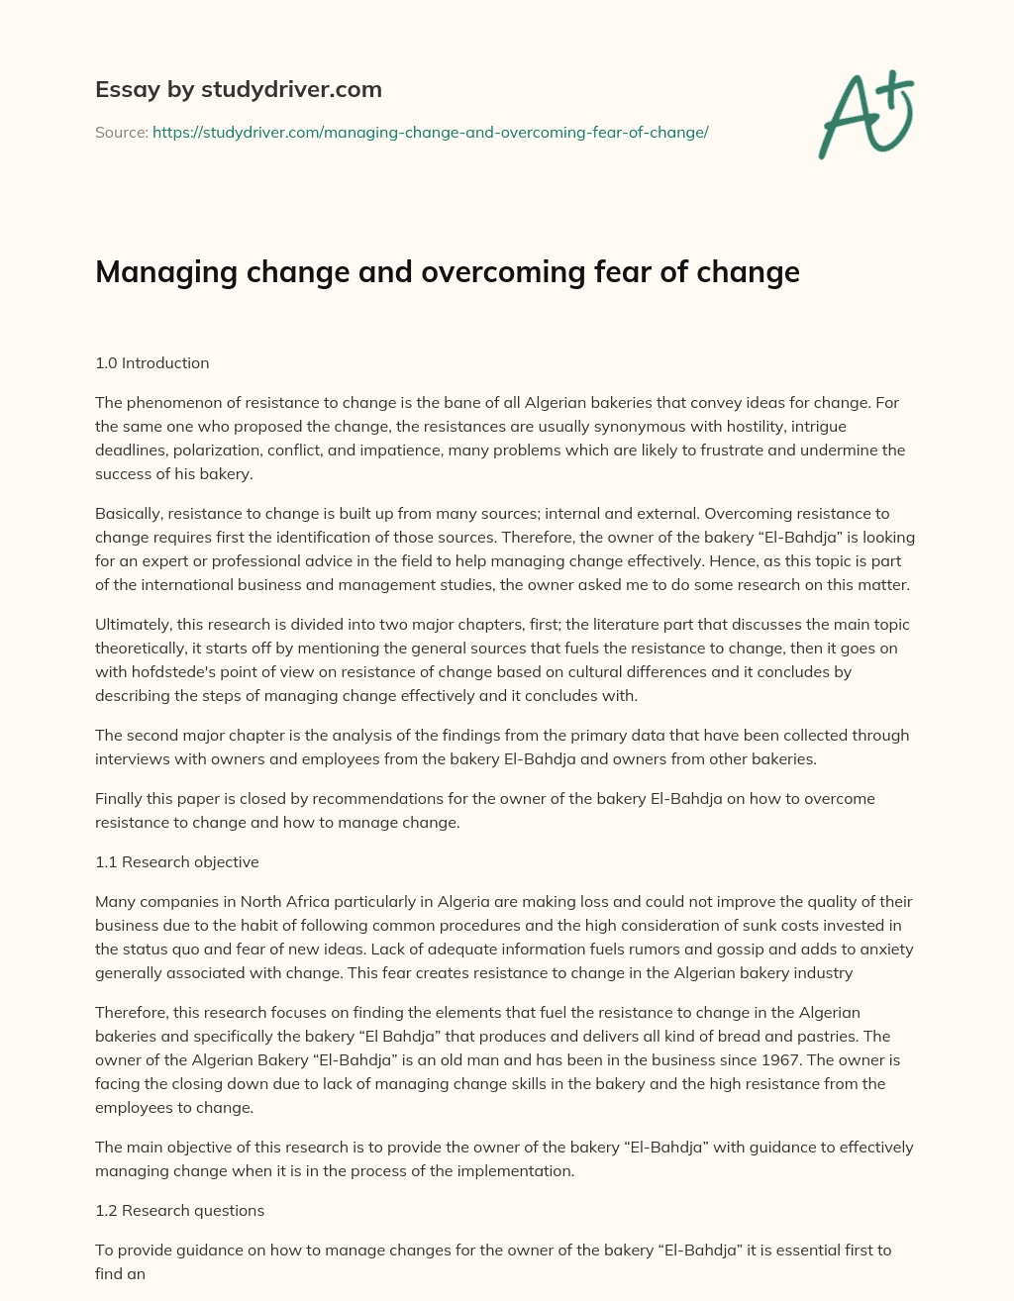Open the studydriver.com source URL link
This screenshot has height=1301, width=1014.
430,132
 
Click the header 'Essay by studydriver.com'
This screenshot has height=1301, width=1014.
238,89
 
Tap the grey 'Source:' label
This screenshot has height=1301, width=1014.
121,132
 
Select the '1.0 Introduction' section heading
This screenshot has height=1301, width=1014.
152,362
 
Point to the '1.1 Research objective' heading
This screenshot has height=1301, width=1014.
176,861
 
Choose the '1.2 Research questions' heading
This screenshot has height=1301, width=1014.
179,1210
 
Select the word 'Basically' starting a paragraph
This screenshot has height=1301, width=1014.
129,513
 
